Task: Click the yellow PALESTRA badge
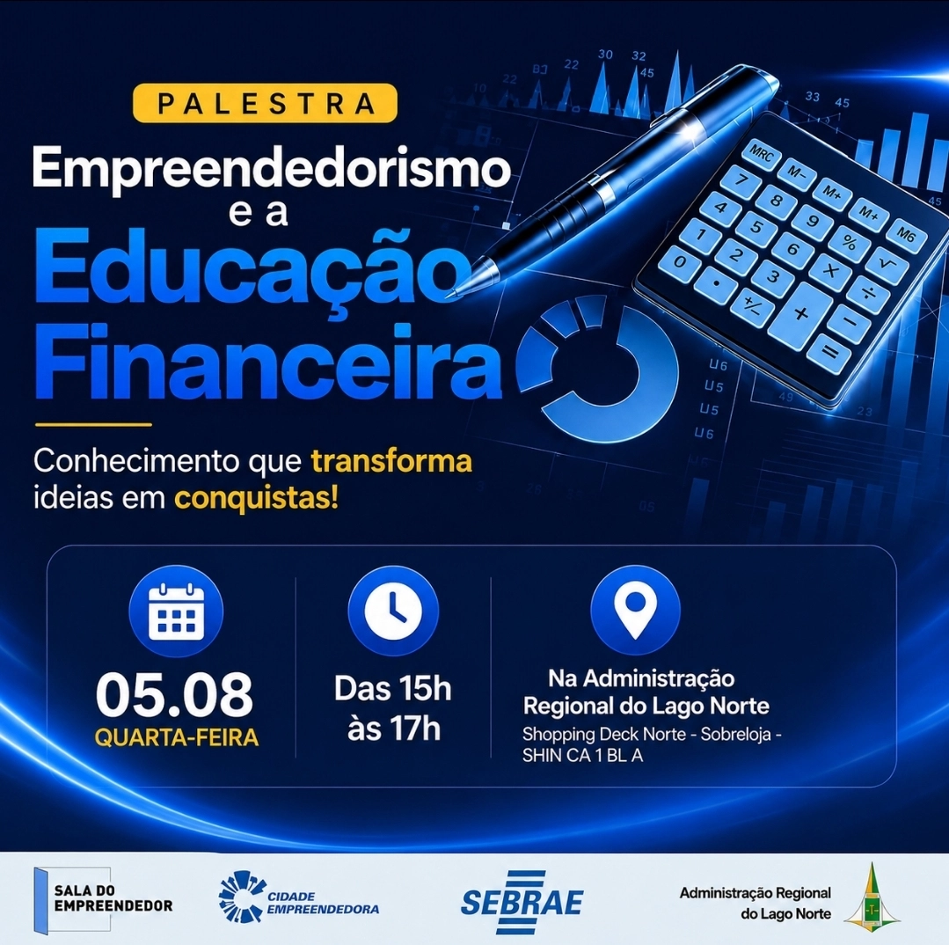tap(265, 103)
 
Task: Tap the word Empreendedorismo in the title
tap(272, 170)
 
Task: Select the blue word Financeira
tap(268, 362)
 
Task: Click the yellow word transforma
tap(391, 462)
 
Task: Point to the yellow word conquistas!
tap(257, 499)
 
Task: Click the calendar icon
tap(176, 612)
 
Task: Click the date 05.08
tap(174, 694)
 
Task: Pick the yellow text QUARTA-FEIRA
tap(177, 738)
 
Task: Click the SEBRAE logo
tap(522, 902)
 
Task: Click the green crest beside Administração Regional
tap(872, 896)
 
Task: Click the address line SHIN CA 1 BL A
tap(582, 756)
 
